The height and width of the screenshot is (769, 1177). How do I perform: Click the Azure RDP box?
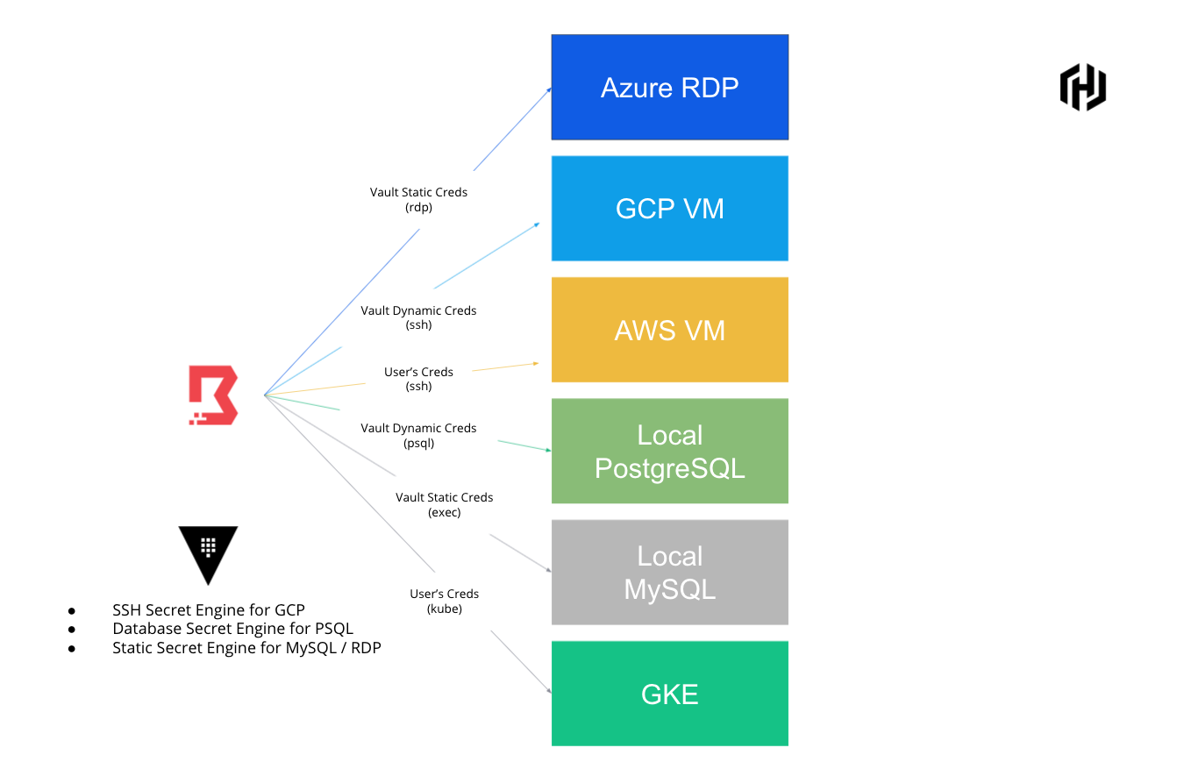click(x=669, y=87)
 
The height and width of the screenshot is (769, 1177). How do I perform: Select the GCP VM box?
click(x=669, y=208)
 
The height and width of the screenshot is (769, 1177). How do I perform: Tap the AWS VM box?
click(x=669, y=330)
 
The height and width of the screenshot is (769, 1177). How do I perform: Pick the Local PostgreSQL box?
click(x=669, y=451)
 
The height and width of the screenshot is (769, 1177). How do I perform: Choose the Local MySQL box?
click(x=669, y=572)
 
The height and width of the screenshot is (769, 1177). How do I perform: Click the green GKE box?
click(x=669, y=694)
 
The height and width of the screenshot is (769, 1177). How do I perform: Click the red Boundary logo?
click(x=213, y=396)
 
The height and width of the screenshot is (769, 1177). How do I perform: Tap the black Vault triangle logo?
click(x=208, y=553)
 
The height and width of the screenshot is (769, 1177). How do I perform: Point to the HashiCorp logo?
click(x=1082, y=87)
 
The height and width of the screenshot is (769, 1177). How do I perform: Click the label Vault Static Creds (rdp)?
click(x=418, y=200)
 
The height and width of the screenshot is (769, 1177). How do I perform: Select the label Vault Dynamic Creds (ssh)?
click(x=418, y=317)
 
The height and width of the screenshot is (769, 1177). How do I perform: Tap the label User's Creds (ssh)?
click(x=418, y=379)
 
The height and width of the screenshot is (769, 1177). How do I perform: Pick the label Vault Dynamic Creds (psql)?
click(x=418, y=435)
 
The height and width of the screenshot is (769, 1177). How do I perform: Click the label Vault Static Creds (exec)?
click(x=444, y=504)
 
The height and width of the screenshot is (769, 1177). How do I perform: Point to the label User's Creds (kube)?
click(x=444, y=601)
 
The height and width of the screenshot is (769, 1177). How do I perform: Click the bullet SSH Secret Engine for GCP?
click(x=208, y=610)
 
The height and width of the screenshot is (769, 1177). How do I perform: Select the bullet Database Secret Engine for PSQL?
click(x=232, y=629)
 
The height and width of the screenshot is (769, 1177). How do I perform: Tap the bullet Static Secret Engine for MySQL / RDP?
click(x=246, y=648)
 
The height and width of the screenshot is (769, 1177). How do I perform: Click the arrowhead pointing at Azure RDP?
click(x=548, y=89)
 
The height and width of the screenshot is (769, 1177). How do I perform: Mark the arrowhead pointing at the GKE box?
click(x=548, y=691)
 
